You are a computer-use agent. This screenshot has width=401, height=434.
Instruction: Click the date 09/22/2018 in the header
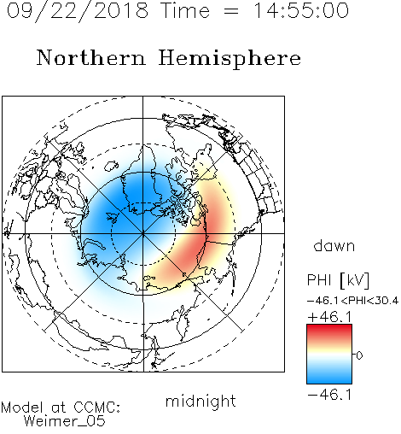(78, 11)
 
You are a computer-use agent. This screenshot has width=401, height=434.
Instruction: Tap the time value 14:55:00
(301, 10)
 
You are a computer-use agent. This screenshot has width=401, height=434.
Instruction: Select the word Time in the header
(185, 10)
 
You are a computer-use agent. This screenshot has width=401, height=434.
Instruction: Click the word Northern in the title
(91, 57)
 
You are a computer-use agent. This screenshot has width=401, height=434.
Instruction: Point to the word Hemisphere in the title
(230, 59)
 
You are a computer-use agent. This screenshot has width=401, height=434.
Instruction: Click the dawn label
(334, 245)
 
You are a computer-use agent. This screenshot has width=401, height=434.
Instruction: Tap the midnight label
(200, 401)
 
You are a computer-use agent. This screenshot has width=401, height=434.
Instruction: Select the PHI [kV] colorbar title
(338, 280)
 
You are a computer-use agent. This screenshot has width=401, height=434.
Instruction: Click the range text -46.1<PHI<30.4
(352, 301)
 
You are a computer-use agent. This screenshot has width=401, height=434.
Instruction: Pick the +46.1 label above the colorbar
(329, 317)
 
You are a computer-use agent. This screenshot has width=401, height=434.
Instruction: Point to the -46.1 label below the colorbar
(329, 395)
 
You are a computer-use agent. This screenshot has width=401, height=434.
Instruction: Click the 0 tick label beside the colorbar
(359, 355)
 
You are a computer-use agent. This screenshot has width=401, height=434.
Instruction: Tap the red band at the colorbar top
(329, 330)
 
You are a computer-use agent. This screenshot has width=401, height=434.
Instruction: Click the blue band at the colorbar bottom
(329, 378)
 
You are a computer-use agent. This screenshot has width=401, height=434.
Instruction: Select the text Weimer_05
(65, 421)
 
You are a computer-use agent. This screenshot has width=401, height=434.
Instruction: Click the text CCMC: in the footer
(96, 408)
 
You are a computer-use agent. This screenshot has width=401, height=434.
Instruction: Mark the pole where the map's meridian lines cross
(143, 234)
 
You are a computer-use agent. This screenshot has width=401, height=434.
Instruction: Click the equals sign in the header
(231, 11)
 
